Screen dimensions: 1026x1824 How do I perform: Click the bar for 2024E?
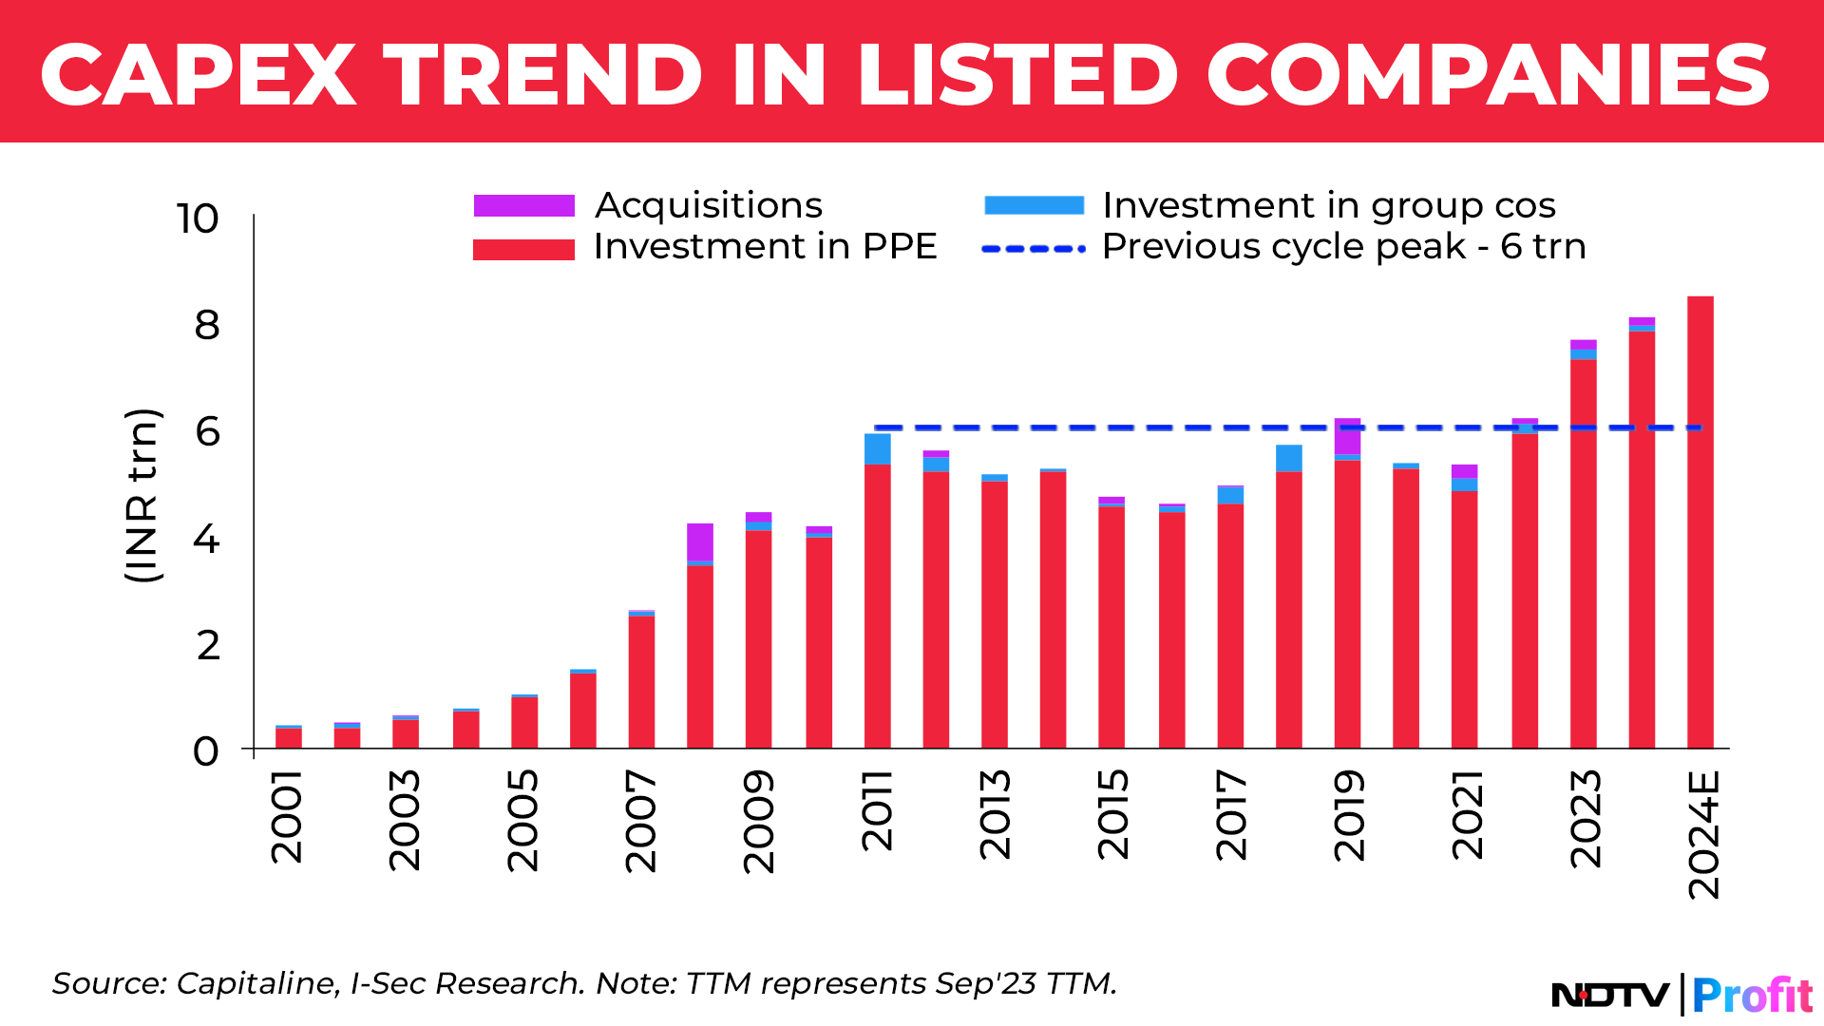[x=1700, y=522]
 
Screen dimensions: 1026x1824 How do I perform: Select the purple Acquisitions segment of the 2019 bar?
[x=1347, y=436]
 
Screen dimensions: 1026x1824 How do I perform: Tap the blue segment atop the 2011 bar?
[x=877, y=449]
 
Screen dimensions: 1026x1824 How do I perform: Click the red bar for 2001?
[x=289, y=738]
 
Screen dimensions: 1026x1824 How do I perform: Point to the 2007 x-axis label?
[x=641, y=821]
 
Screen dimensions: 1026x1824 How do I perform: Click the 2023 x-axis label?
[x=1586, y=819]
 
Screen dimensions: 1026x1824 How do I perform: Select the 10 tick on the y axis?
[x=198, y=219]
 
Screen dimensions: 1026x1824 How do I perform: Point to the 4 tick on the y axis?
[x=206, y=540]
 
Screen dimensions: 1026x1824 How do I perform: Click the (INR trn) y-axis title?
[x=142, y=495]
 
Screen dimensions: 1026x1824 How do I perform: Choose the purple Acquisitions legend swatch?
[x=524, y=206]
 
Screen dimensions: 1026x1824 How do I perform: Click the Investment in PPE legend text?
[x=765, y=247]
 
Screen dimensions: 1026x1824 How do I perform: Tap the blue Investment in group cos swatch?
[x=1034, y=206]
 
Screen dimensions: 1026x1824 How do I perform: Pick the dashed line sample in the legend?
[x=1034, y=249]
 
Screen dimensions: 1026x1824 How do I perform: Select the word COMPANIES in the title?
[x=1488, y=76]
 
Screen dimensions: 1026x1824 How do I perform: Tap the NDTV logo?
[x=1609, y=995]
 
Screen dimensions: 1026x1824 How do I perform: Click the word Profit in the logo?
[x=1753, y=996]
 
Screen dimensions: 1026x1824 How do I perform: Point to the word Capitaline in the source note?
[x=256, y=983]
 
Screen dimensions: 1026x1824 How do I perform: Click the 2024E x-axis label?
[x=1703, y=834]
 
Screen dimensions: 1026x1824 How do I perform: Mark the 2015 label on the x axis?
[x=1112, y=815]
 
